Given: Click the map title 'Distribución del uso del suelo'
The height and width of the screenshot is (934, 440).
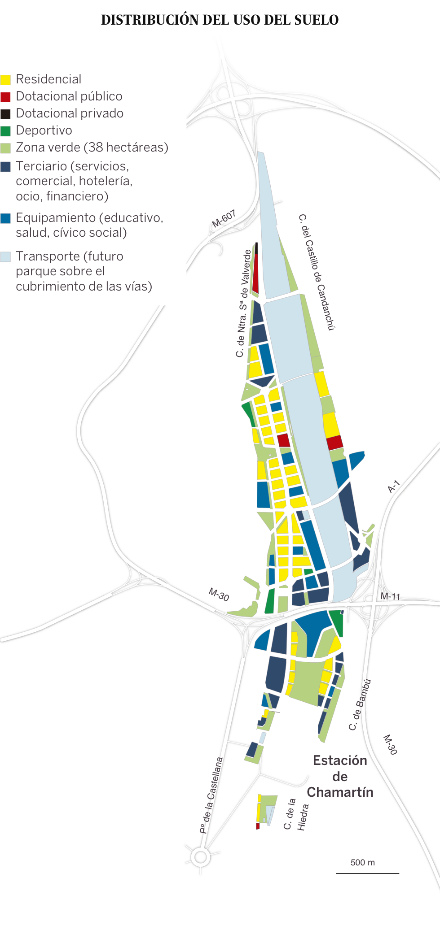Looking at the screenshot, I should point(220,20).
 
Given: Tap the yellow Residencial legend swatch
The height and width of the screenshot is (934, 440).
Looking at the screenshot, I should point(5,80).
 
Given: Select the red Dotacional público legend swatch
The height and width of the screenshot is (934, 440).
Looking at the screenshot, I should point(5,97).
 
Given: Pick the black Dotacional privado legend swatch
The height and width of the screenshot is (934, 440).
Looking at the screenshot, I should point(5,114).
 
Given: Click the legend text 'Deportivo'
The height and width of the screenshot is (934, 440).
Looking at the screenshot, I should point(44,130).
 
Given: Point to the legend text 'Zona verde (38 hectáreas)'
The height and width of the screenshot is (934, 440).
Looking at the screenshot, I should point(92,148).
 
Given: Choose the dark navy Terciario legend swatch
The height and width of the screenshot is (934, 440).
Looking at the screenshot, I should point(5,167).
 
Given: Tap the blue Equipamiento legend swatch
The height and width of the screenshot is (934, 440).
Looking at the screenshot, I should point(5,218).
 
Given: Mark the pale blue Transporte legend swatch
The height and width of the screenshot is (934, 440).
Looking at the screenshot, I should point(5,257).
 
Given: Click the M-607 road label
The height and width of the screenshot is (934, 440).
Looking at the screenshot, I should point(224,219).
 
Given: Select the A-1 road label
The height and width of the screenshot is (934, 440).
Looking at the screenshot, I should point(393,487).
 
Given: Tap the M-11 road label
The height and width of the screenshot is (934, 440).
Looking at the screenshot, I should point(390,596).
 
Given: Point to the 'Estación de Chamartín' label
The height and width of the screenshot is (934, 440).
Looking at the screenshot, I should point(340,776).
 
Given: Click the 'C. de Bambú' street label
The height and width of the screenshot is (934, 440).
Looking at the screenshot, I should point(360,704).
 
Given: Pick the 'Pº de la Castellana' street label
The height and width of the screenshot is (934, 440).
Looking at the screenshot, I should point(211,795).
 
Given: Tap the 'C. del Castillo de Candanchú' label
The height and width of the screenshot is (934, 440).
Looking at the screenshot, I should point(317,272).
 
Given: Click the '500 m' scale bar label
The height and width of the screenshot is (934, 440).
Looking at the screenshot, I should point(362,863).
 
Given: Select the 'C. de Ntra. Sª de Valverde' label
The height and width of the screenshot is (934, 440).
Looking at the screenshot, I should point(242,304).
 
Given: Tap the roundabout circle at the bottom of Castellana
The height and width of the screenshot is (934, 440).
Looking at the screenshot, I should point(200,857).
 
